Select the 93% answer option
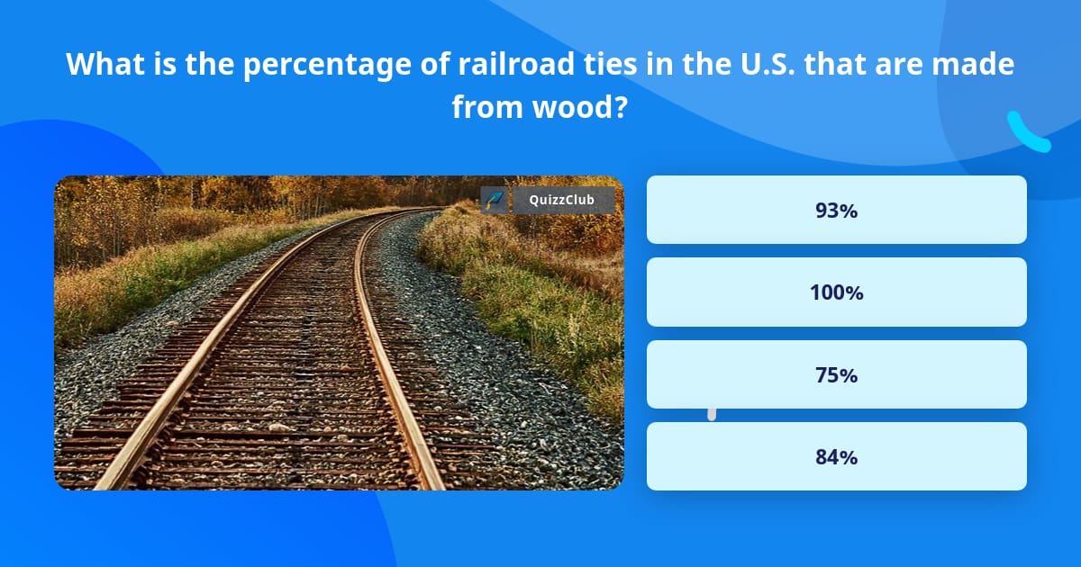tap(836, 211)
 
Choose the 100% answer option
tap(836, 292)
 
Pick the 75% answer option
tap(836, 374)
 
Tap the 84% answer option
tap(836, 456)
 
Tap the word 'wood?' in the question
tap(586, 107)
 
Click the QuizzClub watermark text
tap(561, 200)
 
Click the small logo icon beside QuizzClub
tap(493, 200)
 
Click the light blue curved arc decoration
tap(1027, 133)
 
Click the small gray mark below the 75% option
tap(712, 414)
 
